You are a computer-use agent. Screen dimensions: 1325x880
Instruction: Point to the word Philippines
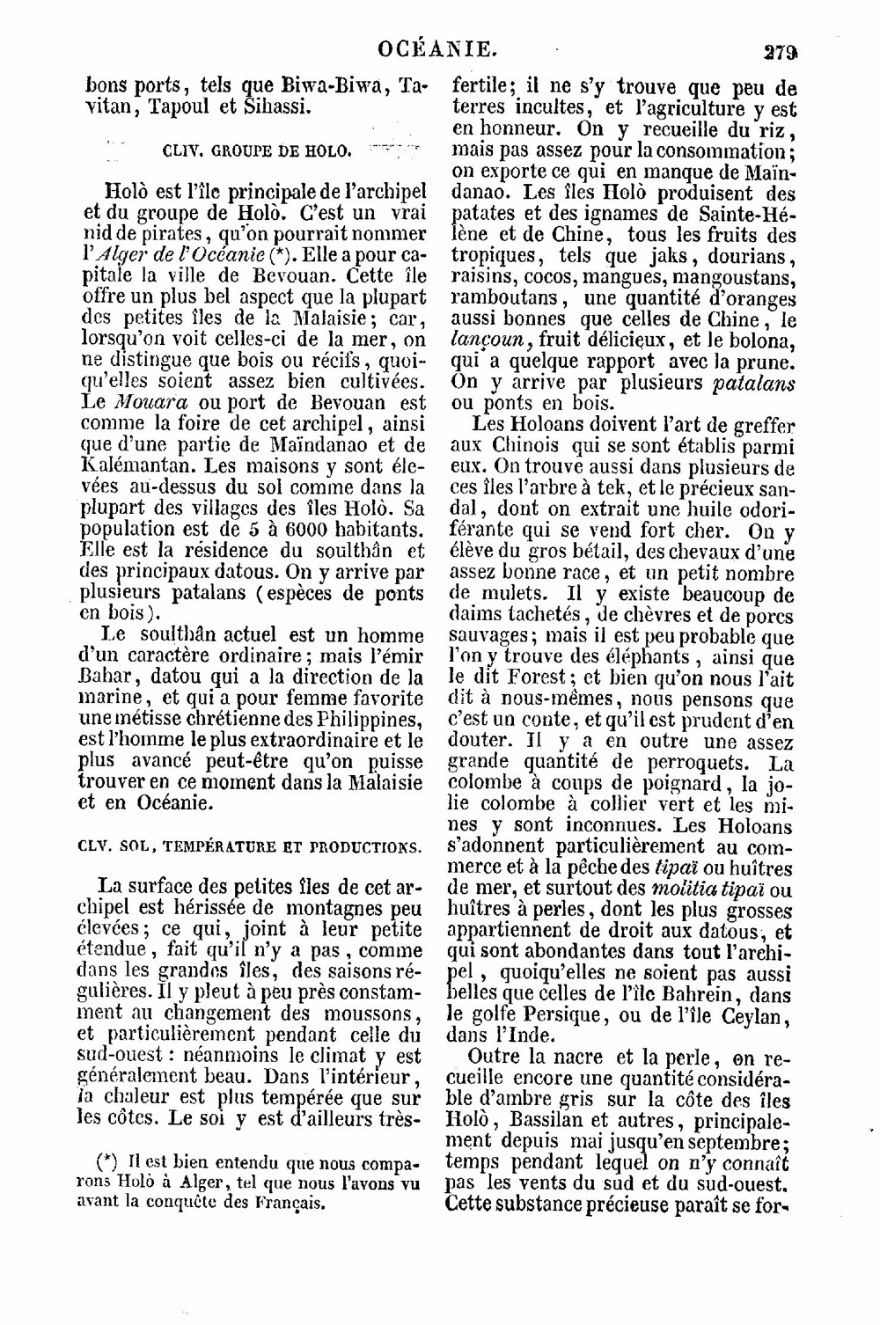pos(367,719)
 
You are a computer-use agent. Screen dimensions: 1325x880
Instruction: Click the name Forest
pos(541,677)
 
